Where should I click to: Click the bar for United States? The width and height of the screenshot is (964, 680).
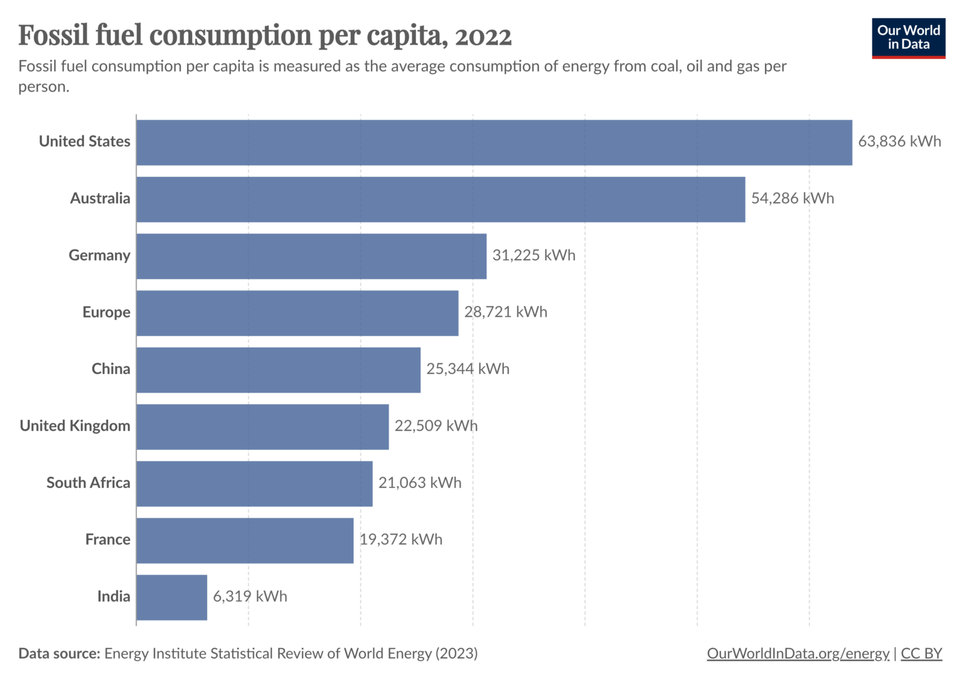point(494,142)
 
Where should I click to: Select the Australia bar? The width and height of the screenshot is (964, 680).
point(441,199)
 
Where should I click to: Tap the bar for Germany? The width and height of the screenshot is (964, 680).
point(311,256)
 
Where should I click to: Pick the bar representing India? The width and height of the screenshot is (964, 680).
point(171,597)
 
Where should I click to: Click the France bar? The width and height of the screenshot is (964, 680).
point(245,540)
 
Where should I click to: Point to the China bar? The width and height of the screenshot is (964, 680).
point(278,369)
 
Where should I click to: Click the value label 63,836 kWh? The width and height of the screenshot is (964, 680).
point(899,142)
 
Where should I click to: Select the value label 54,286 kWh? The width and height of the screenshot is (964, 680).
point(792,199)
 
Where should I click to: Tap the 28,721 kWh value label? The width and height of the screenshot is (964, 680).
point(505,312)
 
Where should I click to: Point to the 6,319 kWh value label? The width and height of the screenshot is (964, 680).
point(250,597)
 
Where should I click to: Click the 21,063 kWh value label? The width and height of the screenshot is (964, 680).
point(419,483)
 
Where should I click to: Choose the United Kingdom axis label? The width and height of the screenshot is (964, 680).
point(75,426)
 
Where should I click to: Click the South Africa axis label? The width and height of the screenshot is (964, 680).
point(88,483)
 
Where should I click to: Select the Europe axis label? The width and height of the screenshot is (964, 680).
point(106,312)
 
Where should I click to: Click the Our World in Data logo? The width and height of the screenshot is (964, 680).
point(908,38)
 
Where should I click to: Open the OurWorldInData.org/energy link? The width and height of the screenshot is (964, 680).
point(798,654)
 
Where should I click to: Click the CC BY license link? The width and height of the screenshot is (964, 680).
point(921,654)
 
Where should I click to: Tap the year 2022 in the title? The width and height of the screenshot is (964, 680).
point(483,36)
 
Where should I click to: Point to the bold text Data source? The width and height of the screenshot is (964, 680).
point(59,654)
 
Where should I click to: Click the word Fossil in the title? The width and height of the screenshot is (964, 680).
point(53,35)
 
